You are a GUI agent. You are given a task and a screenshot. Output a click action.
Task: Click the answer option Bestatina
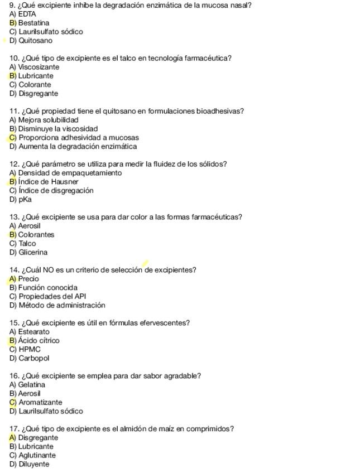click(33, 23)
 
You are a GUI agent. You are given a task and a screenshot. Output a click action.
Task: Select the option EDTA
click(27, 14)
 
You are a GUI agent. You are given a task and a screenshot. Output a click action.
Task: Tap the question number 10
click(15, 58)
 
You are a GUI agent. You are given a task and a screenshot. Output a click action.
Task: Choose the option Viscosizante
click(38, 67)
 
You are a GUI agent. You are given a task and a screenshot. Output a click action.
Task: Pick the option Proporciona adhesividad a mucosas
click(78, 138)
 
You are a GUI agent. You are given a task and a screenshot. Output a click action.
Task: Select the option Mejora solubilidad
click(48, 120)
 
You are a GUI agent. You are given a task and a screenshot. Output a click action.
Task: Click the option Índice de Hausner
click(48, 182)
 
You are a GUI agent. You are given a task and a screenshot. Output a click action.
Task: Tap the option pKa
click(25, 200)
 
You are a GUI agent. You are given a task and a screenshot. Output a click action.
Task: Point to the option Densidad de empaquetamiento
click(69, 173)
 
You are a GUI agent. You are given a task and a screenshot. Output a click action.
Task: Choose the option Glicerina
click(33, 253)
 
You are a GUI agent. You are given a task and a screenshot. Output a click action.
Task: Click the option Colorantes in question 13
click(36, 235)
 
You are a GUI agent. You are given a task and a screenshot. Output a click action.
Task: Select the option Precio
click(28, 279)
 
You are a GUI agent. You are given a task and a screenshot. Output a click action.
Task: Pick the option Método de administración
click(61, 306)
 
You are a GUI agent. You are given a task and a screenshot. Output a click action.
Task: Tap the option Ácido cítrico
click(39, 341)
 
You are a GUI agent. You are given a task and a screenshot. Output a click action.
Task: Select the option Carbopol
click(34, 359)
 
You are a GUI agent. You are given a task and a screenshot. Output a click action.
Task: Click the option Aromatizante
click(40, 403)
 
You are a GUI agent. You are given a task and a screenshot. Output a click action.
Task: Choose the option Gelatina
click(31, 385)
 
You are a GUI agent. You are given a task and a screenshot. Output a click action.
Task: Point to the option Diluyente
click(33, 465)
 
